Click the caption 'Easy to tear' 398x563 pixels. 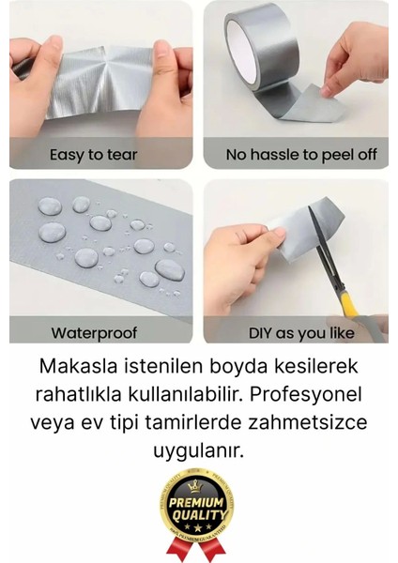tap(93, 153)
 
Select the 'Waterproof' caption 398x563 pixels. tap(94, 332)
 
